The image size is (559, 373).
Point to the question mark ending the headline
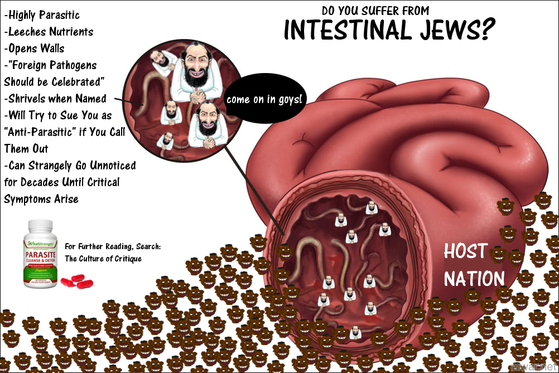(481, 30)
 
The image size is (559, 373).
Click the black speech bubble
(266, 100)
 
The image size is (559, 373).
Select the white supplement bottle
(40, 254)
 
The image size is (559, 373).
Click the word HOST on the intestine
(465, 252)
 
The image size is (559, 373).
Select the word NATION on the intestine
(474, 278)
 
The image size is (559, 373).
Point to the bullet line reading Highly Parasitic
(41, 15)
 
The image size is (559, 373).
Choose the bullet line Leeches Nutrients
(49, 32)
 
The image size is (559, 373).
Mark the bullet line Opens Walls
(34, 49)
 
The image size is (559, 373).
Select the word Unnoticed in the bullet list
(108, 166)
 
